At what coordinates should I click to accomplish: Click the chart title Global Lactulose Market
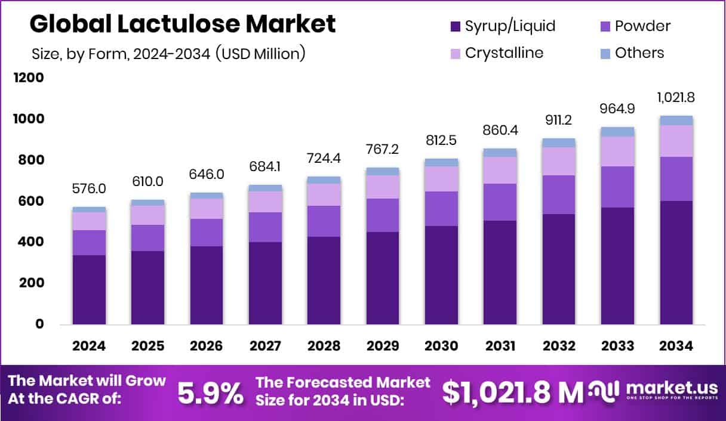coord(182,24)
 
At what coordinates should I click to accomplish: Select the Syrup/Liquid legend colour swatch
coord(456,26)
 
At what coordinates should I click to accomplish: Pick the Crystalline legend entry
coord(504,53)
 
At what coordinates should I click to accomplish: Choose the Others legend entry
coord(639,53)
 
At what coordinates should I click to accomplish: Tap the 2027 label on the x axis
coord(265,346)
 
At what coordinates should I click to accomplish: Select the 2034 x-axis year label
coord(676,346)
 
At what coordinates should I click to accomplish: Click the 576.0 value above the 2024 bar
coord(89,188)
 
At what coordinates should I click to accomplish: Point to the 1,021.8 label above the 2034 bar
coord(676,97)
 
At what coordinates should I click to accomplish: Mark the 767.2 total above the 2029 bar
coord(382,149)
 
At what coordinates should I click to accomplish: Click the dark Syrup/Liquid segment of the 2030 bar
coord(441,275)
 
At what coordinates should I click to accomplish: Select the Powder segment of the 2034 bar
coord(676,179)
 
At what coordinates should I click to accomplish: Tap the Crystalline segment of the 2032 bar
coord(558,161)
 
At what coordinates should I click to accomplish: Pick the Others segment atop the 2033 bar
coord(617,132)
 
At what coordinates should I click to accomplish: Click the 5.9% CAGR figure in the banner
coord(211,393)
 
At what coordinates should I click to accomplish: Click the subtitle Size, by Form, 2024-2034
coord(168,54)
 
